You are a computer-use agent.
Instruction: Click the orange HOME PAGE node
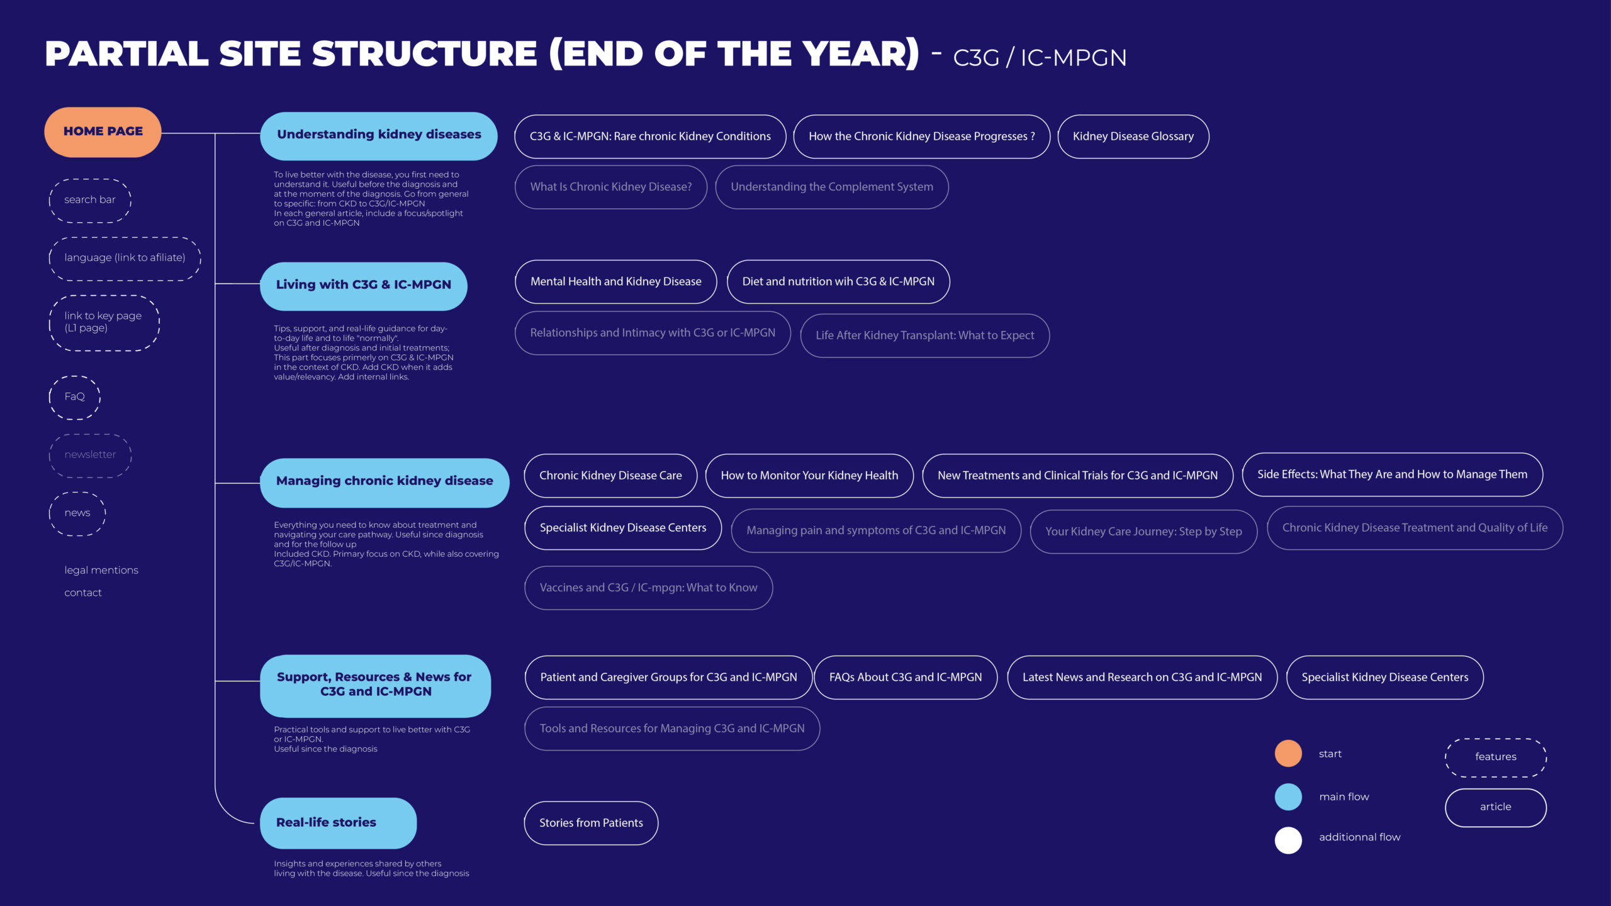[x=103, y=131]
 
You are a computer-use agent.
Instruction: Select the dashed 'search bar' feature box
[x=90, y=200]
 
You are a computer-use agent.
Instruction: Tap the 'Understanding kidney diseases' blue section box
[x=379, y=135]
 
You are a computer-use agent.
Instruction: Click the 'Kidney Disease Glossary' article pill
[x=1133, y=137]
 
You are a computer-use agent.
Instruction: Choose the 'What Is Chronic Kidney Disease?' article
[x=610, y=187]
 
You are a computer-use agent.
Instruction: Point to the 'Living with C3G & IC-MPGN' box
[x=364, y=286]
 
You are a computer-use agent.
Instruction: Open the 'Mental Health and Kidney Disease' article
[x=615, y=281]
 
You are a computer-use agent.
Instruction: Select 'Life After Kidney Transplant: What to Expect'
[x=924, y=335]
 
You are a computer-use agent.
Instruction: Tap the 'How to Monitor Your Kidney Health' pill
[x=809, y=476]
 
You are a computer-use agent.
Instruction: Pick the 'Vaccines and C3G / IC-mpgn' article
[x=648, y=588]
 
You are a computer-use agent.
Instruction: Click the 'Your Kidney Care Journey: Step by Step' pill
[x=1143, y=532]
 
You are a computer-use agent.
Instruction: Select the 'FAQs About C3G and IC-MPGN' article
[x=906, y=678]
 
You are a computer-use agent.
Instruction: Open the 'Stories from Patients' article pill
[x=591, y=823]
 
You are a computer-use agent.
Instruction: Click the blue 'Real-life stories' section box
[x=338, y=823]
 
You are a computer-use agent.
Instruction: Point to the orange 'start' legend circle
[x=1288, y=753]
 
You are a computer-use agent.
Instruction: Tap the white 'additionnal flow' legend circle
[x=1288, y=840]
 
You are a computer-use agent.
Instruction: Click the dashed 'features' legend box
[x=1495, y=757]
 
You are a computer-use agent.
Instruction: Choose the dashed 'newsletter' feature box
[x=90, y=455]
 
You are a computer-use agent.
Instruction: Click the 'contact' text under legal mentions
[x=83, y=593]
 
